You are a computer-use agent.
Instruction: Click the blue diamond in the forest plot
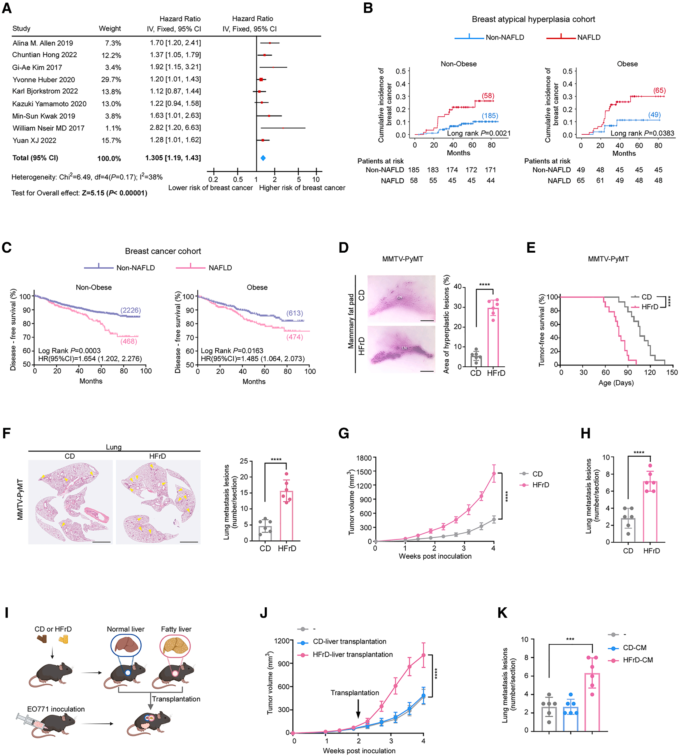coord(263,158)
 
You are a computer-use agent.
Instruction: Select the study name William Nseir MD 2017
coord(48,128)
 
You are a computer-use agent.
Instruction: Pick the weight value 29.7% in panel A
coord(111,79)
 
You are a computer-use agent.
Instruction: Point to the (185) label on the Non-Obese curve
coord(490,116)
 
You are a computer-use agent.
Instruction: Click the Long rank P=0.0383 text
coord(642,133)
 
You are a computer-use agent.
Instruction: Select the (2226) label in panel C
coord(130,310)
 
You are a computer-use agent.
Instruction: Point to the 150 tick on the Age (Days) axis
coord(672,372)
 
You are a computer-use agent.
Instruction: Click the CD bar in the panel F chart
coord(265,533)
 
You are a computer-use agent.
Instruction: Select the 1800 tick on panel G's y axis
coord(364,458)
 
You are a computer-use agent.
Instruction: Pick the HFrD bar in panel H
coord(650,511)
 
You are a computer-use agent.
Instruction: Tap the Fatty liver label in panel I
coord(176,629)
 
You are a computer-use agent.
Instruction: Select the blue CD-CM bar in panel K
coord(570,718)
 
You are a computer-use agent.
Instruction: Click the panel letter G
coord(344,434)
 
